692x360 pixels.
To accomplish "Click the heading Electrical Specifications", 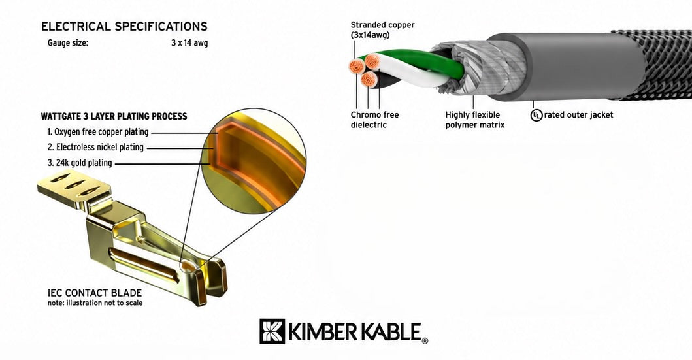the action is (124, 27).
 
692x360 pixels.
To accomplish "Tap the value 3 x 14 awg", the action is (189, 43).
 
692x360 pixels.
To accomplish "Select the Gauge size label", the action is (68, 43).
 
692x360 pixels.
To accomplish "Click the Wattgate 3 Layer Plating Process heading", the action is (114, 116).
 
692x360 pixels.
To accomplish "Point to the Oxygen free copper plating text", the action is (98, 132).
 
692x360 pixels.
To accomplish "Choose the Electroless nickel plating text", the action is (95, 148).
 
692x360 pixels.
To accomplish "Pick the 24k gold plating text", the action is (80, 163).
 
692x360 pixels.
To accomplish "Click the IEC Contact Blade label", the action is (95, 293).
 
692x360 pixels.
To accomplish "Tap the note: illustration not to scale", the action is (95, 303).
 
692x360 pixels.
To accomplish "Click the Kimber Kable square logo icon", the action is (272, 331).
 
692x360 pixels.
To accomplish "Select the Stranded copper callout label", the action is (383, 30).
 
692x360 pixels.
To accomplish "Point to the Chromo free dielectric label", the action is (374, 120).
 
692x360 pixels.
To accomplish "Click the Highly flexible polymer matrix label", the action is (475, 120).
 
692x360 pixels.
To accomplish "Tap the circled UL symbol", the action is (536, 116).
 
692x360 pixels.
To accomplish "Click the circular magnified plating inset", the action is (254, 161).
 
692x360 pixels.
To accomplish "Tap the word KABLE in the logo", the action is (391, 331).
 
